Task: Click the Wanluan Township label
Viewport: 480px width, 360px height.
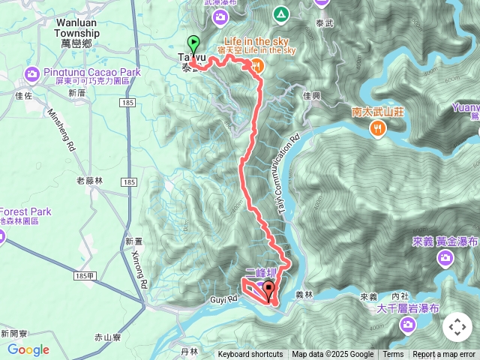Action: tap(78, 28)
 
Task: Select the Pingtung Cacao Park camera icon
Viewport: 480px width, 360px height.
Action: tap(31, 73)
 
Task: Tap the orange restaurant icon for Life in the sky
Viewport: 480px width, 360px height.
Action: tap(256, 66)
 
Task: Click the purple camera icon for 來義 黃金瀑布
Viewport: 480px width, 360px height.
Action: tap(445, 257)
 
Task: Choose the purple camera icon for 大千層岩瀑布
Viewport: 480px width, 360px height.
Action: tap(407, 324)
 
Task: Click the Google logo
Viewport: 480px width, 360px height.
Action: tap(28, 349)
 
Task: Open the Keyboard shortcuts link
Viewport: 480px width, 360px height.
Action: tap(250, 355)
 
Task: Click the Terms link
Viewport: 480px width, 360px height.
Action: tap(393, 355)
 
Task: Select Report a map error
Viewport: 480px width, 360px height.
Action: tap(444, 355)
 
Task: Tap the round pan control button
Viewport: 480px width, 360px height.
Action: tap(457, 327)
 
